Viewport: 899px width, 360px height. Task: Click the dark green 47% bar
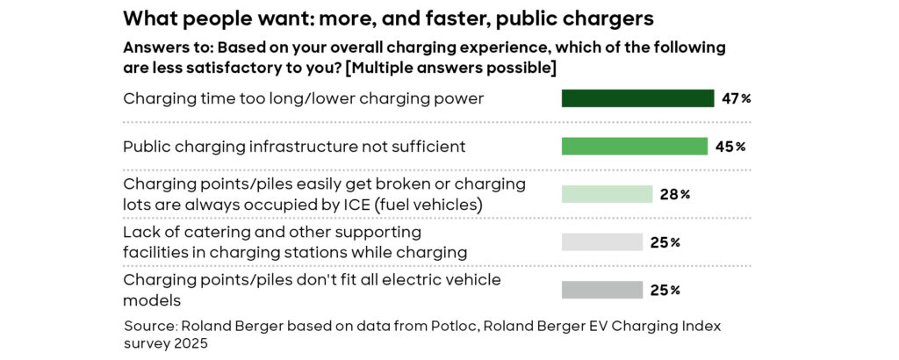[x=637, y=98]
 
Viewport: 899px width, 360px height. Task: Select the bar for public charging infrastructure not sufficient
[x=635, y=146]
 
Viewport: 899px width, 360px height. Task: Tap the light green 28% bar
[x=608, y=194]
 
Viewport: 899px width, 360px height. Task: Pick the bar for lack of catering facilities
[x=602, y=242]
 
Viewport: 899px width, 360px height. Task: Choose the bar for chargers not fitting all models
[x=602, y=290]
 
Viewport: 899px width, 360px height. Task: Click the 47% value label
[x=737, y=98]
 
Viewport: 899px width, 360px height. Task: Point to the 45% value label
[x=730, y=147]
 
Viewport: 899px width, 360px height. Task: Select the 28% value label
[x=675, y=195]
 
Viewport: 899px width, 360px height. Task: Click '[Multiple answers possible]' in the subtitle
[x=452, y=68]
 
